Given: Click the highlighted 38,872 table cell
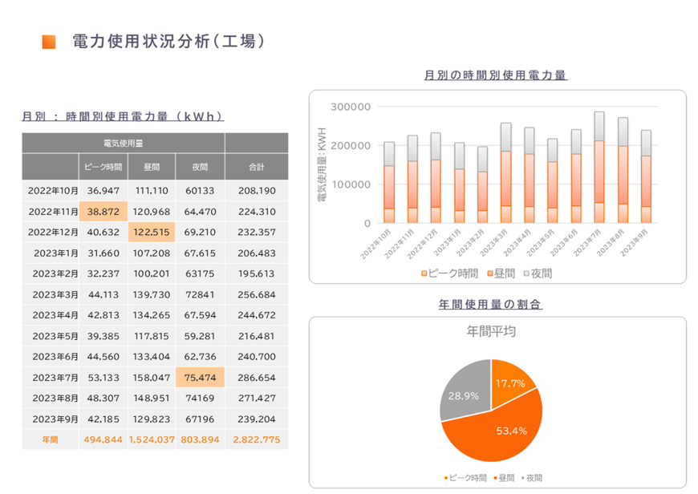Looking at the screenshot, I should point(103,212).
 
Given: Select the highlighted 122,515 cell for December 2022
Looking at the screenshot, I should point(152,233).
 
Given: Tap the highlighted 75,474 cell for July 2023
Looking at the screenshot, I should point(200,377).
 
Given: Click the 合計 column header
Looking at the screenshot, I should point(257,167).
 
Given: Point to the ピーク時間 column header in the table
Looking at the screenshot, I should point(103,167).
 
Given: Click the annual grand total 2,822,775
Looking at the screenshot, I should point(257,439).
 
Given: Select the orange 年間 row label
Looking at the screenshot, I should point(51,439).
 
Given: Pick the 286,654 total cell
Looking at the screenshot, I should point(257,377).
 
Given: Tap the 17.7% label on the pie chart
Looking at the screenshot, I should point(510,383).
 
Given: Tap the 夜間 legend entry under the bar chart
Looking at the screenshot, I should point(534,273).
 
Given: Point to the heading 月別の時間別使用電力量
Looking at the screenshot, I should point(496,75).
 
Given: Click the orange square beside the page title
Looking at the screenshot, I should point(49,42).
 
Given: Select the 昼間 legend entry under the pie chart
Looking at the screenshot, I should point(506,478).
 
